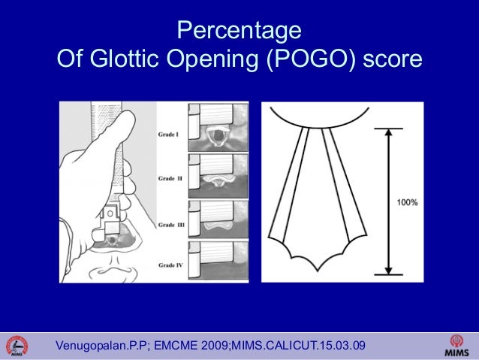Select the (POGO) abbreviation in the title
tap(311, 59)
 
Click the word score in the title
tap(393, 59)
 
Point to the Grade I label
tap(167, 135)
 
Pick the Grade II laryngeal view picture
tap(218, 173)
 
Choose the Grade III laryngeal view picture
tap(218, 218)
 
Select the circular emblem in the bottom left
tap(17, 345)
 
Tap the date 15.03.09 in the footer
tap(342, 346)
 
